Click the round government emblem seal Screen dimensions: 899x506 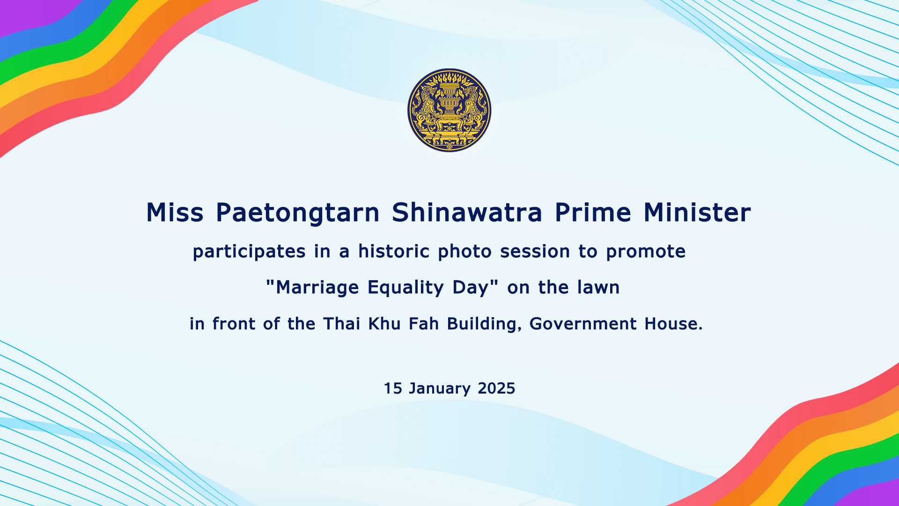click(449, 110)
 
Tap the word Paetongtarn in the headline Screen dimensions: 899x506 click(297, 212)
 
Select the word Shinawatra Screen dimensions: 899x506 click(467, 212)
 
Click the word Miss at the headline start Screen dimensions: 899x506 click(175, 212)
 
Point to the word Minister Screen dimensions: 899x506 click(697, 212)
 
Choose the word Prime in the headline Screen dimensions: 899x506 click(593, 212)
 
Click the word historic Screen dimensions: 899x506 click(394, 252)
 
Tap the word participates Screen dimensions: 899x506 click(249, 252)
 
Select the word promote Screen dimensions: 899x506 click(646, 252)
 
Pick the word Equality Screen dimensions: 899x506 click(405, 287)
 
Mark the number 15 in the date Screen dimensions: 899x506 click(393, 388)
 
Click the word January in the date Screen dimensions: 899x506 click(440, 389)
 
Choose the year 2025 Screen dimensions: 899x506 click(496, 388)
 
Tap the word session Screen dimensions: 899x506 click(535, 252)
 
